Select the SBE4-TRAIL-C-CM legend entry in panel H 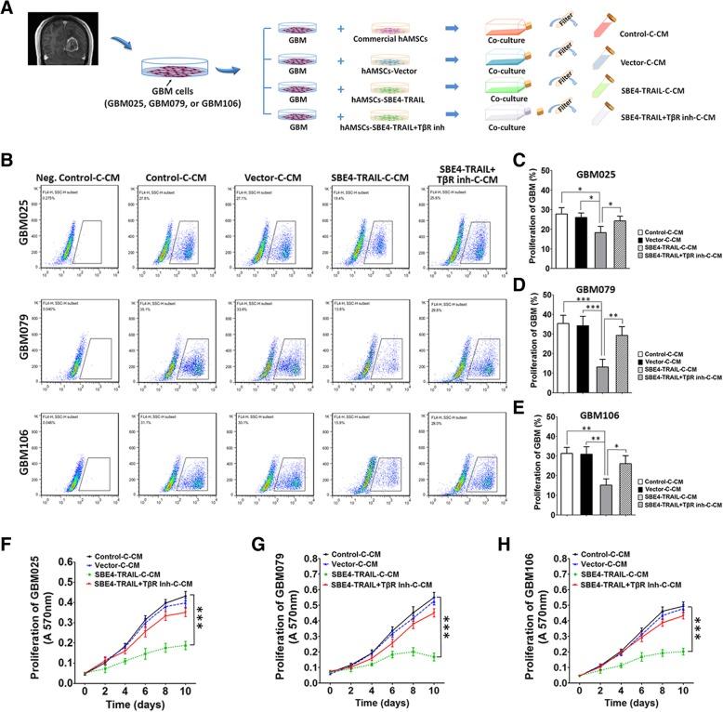pos(593,584)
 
